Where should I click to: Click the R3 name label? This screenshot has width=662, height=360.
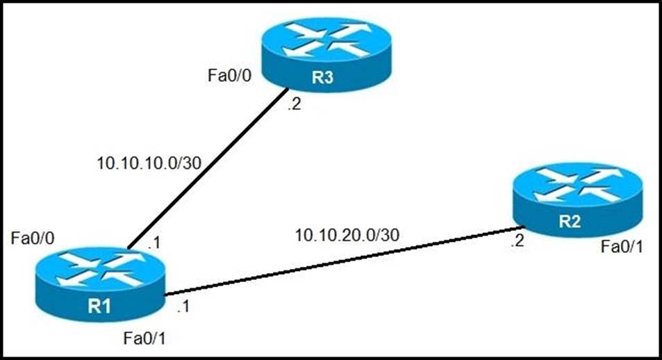pyautogui.click(x=321, y=78)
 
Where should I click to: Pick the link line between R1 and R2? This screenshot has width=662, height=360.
pyautogui.click(x=340, y=261)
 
